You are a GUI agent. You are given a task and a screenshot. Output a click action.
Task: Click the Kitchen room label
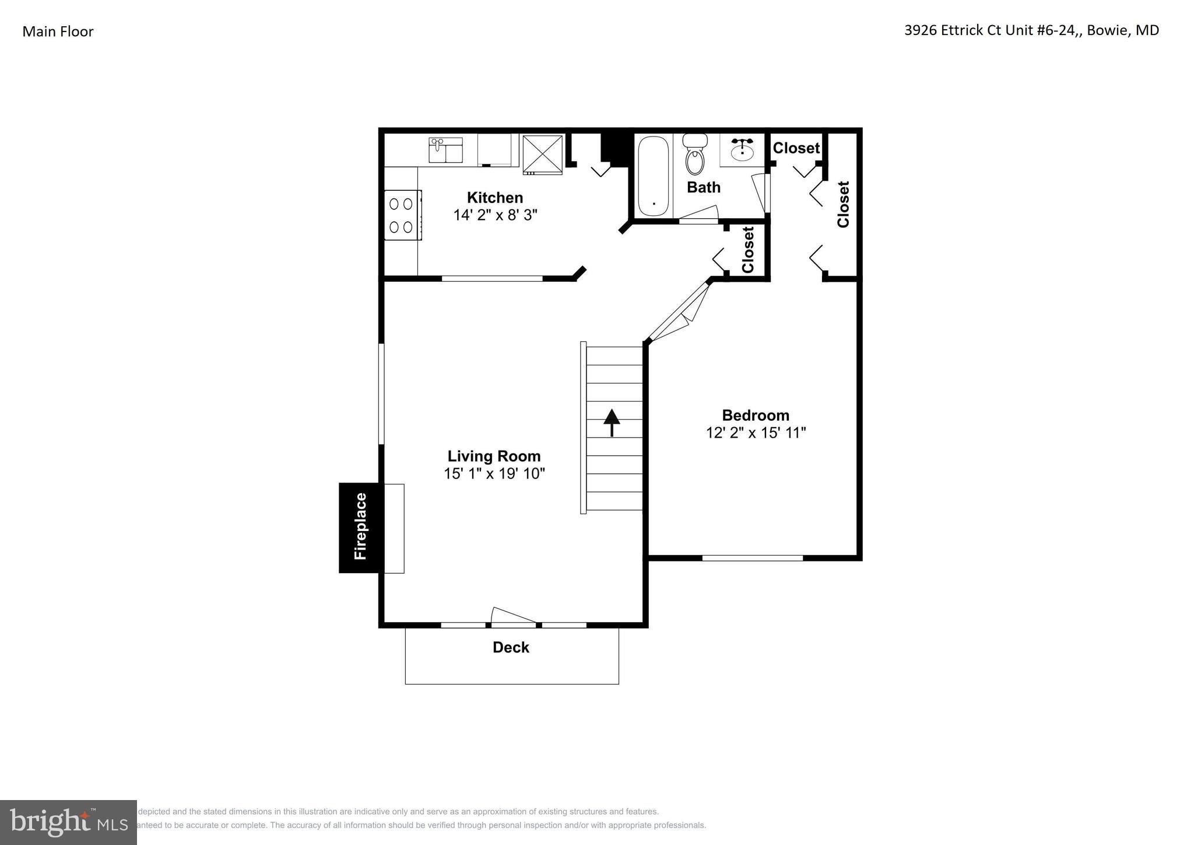[x=494, y=197]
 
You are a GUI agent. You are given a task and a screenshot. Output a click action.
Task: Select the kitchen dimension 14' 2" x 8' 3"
[x=494, y=215]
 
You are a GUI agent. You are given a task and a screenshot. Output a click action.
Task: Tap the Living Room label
[x=494, y=456]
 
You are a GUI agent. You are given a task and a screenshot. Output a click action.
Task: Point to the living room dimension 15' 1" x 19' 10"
[x=494, y=473]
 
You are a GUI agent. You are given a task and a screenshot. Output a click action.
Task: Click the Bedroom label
[x=756, y=415]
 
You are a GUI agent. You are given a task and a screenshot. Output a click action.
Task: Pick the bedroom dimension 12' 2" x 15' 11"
[x=756, y=433]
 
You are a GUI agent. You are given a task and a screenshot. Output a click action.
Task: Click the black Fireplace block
[x=360, y=528]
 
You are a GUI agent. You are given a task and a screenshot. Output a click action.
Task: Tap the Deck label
[x=511, y=647]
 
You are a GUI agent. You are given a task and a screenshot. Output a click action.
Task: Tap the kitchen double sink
[x=446, y=151]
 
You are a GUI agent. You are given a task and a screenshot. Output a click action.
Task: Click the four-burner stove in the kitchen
[x=402, y=215]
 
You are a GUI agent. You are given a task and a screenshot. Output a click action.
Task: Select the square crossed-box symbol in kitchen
[x=543, y=155]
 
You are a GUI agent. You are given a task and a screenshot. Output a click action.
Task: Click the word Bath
[x=703, y=187]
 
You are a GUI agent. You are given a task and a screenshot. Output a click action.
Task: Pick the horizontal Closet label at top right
[x=796, y=148]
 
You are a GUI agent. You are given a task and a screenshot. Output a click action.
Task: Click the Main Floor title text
[x=58, y=32]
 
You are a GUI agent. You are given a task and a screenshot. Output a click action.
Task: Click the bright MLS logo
[x=68, y=822]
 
